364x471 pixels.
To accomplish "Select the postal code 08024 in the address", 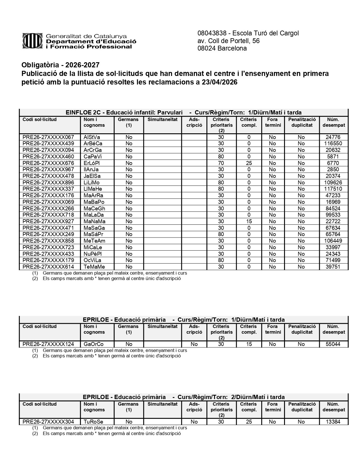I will (207, 48).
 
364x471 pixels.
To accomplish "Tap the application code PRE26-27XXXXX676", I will (48, 163).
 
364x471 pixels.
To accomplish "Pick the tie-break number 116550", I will (333, 143).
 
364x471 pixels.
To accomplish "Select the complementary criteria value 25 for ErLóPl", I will (249, 163).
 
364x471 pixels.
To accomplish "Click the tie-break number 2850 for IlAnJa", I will (333, 170).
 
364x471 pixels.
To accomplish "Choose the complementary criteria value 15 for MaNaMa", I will (249, 221).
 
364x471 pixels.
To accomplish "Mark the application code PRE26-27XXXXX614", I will (48, 267).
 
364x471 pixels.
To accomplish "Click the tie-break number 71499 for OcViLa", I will (333, 260).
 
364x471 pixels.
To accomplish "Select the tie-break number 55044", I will (333, 344).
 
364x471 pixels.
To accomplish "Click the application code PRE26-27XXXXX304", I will (48, 422).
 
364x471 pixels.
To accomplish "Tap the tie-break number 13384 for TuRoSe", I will (333, 422).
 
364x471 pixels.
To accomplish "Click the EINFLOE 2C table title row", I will (184, 112).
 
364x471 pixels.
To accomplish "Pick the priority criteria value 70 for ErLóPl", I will (221, 163).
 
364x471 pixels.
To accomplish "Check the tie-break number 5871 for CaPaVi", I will (333, 156).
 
